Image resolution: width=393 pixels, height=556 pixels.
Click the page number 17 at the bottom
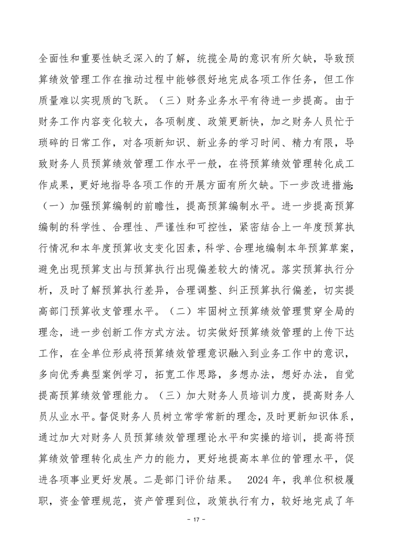(x=196, y=534)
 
